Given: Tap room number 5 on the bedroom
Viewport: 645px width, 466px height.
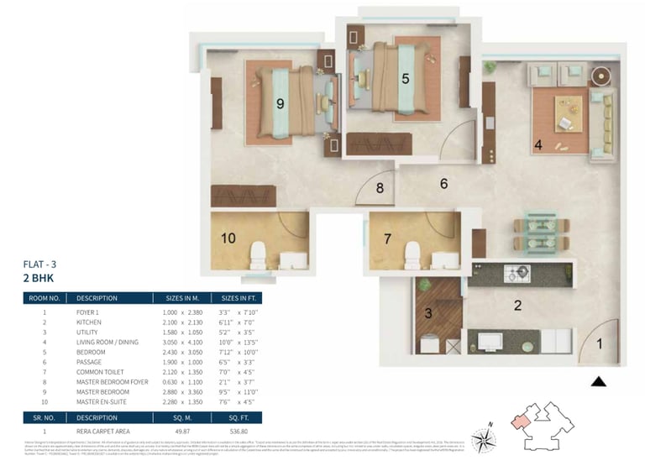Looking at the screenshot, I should tap(406, 79).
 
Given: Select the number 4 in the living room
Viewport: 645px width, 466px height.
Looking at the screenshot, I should tap(538, 144).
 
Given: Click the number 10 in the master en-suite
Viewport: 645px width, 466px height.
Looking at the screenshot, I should tap(228, 238).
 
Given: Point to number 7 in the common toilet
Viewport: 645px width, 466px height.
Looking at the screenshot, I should tap(387, 238).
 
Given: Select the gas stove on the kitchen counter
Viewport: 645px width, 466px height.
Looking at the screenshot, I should tap(517, 273).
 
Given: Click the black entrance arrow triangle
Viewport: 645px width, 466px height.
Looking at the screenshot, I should tap(599, 381).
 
